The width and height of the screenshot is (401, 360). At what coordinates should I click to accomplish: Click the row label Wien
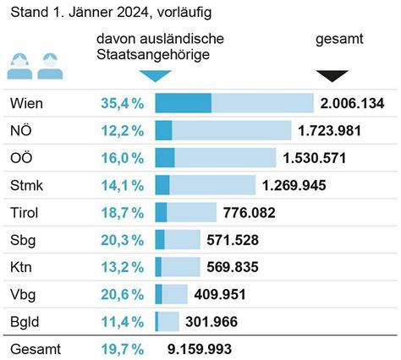point(26,103)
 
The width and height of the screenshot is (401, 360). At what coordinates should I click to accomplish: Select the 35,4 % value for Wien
point(123,103)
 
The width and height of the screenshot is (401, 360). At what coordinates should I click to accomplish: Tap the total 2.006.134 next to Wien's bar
point(352,103)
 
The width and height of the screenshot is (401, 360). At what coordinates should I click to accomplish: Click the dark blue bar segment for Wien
point(184,103)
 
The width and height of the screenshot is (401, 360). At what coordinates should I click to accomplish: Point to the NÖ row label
point(21,130)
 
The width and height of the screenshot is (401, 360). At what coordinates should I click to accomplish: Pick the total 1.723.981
point(329,131)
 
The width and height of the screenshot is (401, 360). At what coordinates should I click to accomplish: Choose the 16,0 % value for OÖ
point(123,158)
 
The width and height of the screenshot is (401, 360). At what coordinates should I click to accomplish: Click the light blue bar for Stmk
point(212,185)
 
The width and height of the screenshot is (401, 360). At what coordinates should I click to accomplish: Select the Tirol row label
point(24,212)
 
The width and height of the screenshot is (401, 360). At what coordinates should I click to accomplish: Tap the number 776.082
point(249,212)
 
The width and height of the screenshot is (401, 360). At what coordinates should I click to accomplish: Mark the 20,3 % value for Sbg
point(123,240)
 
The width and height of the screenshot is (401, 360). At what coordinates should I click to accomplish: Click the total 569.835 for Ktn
point(233,267)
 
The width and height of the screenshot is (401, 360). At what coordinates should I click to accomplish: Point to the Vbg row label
point(23,295)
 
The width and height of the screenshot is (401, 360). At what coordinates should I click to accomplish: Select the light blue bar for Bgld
point(168,321)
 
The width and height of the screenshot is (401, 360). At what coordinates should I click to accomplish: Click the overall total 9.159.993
point(200,349)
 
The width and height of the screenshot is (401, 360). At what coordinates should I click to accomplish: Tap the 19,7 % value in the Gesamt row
point(123,349)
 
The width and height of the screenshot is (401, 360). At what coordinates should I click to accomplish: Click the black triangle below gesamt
point(332,75)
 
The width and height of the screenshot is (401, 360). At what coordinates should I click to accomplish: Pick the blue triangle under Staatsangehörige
point(155,75)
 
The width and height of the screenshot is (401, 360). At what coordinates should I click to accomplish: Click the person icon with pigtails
point(19,66)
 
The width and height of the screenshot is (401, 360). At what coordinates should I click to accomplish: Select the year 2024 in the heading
point(133,12)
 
